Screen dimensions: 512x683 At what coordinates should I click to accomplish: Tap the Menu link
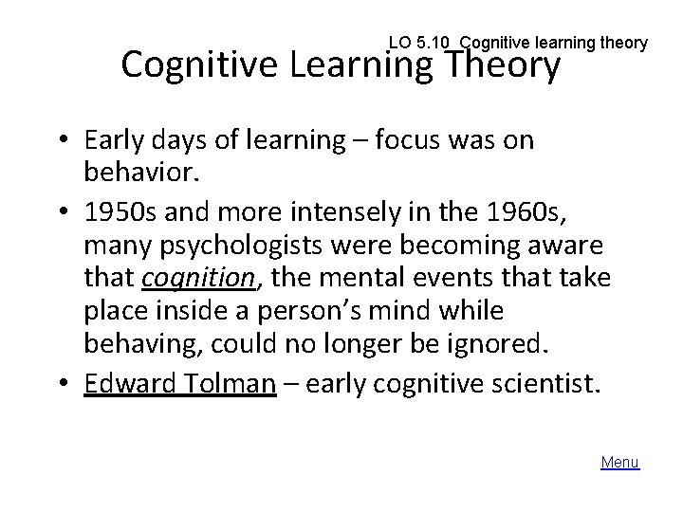point(620,463)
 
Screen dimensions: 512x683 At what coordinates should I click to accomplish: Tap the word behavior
point(133,174)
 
